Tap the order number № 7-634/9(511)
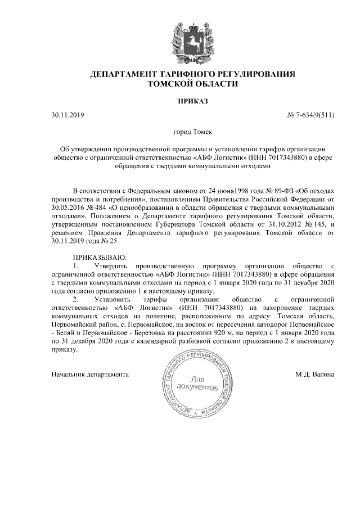pyautogui.click(x=310, y=116)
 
